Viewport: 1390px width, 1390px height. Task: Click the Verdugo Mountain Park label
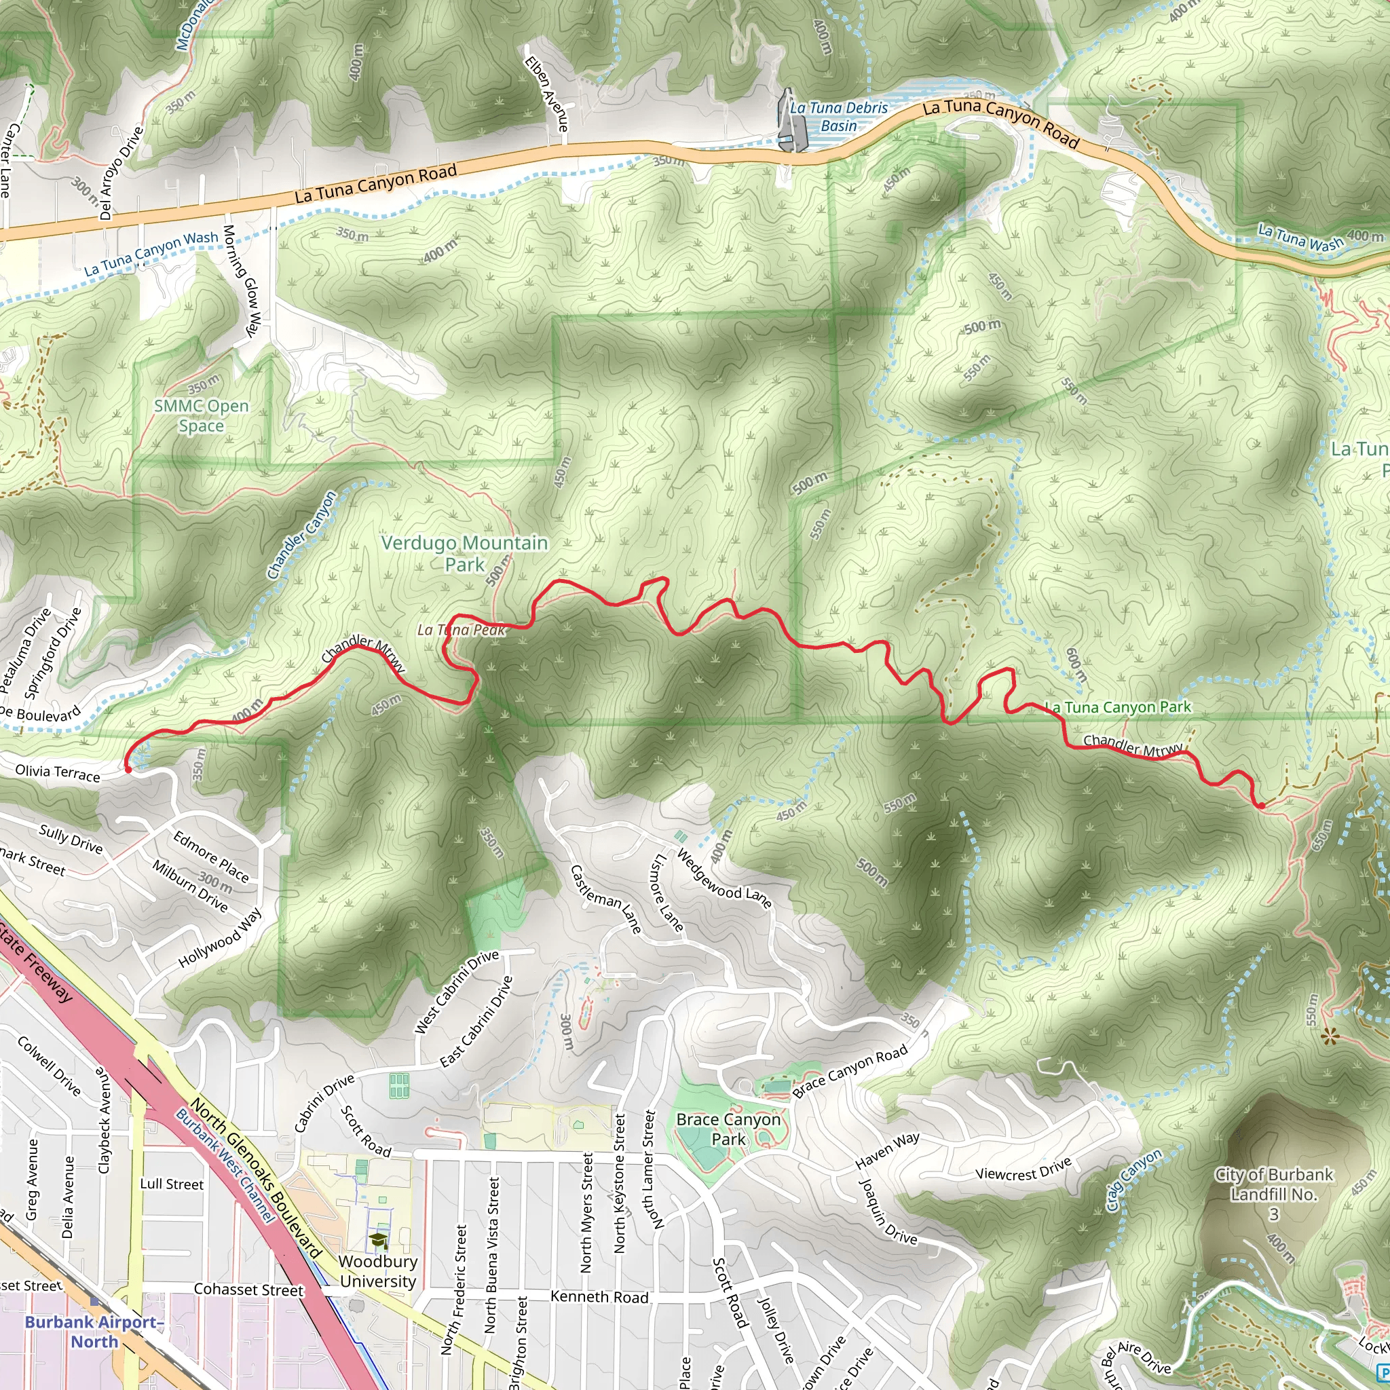click(464, 553)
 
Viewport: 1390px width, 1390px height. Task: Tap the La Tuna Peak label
click(461, 631)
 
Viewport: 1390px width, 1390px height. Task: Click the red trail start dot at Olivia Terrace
click(129, 769)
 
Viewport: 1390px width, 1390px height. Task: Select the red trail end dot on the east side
click(1261, 806)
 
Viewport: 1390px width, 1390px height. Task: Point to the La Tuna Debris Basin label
click(839, 117)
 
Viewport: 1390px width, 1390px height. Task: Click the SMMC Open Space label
click(202, 416)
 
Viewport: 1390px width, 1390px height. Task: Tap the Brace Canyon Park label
click(728, 1129)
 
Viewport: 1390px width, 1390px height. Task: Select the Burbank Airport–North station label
click(94, 1331)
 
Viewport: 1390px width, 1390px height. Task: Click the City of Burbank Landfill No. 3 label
click(1273, 1195)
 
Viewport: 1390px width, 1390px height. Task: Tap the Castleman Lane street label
click(606, 899)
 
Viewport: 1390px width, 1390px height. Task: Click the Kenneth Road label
click(599, 1296)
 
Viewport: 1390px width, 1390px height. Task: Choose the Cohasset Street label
click(249, 1290)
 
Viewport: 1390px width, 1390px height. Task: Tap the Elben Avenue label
click(546, 94)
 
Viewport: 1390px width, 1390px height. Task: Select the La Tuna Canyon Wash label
click(151, 253)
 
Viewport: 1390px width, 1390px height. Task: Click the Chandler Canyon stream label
click(301, 536)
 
